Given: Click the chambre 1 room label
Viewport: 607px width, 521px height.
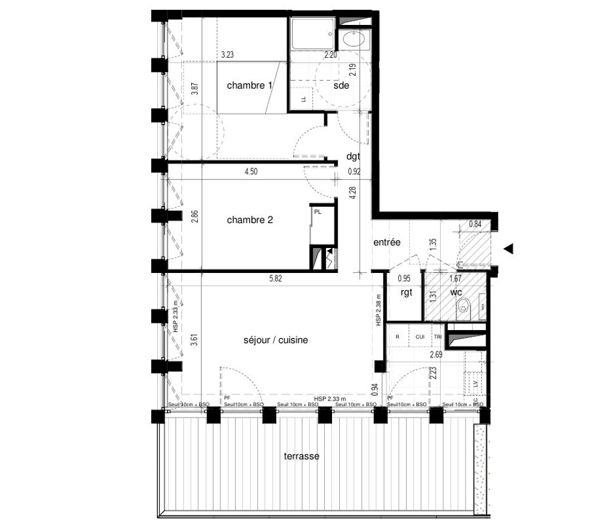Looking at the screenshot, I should coord(249,86).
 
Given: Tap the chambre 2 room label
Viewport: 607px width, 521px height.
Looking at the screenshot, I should coord(249,219).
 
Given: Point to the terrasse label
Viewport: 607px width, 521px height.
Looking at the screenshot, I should coord(302,456).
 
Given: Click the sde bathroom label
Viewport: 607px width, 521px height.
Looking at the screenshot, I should coord(341,86).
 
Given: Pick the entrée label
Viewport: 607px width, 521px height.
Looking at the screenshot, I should coord(387,242).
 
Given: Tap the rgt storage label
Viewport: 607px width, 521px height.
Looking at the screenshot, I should coord(406,292).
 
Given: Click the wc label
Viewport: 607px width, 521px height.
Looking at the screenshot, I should coord(456,292).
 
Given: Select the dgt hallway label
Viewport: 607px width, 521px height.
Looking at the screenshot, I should coord(353,156).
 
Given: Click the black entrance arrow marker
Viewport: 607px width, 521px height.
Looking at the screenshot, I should coord(509,248).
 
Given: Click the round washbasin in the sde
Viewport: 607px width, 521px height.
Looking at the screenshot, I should coord(352,40).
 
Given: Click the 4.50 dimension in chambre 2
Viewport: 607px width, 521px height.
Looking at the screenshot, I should coord(251,172).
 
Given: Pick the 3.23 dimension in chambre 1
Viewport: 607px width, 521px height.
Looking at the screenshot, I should coord(228,55).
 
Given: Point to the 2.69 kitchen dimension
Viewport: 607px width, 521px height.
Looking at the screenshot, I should coord(435,354).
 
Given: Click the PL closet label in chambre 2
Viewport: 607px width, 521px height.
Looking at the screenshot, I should coord(317,211).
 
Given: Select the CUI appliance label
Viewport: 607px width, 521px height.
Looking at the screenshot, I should coord(420,336).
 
